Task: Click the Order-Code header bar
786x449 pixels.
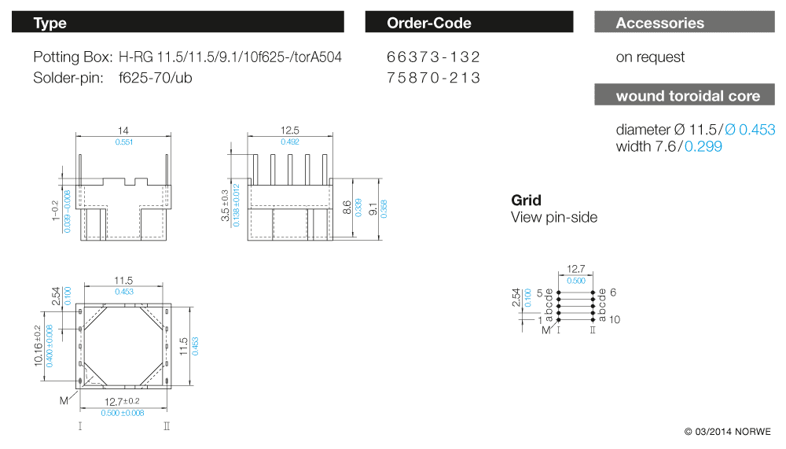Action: [468, 23]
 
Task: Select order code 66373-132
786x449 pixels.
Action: [433, 57]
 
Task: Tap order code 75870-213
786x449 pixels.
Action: [433, 78]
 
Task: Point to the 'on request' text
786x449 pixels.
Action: [650, 57]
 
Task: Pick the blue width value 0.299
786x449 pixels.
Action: [703, 146]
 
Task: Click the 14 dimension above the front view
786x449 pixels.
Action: [123, 131]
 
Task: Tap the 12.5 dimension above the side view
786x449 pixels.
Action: [291, 131]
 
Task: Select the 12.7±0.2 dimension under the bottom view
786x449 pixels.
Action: [123, 402]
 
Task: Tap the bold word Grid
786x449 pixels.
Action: [526, 201]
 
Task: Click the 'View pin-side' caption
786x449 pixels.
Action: [554, 217]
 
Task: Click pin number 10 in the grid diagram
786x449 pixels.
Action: [615, 319]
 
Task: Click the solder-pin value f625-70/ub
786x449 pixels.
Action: [156, 78]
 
